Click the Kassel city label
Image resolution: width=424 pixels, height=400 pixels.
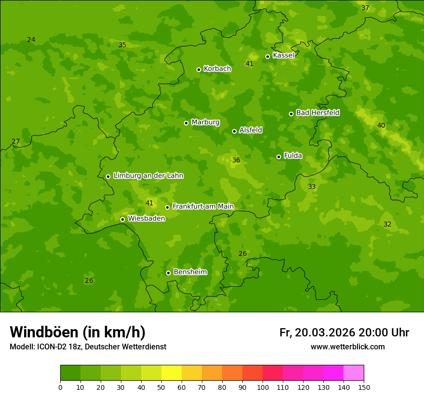[x=283, y=55]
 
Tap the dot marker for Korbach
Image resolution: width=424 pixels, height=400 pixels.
[x=199, y=69]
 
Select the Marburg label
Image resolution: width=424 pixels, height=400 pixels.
[x=205, y=122]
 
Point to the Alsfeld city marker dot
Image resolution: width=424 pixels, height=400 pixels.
[x=234, y=131]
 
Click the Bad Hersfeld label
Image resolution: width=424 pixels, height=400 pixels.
[x=318, y=113]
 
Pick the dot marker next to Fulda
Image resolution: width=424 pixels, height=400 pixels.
[x=278, y=157]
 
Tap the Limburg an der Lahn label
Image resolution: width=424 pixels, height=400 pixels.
[x=148, y=176]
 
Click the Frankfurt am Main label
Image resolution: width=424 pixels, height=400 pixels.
[x=203, y=206]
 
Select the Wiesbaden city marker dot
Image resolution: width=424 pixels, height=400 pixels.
[x=122, y=219]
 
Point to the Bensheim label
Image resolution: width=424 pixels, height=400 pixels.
[x=190, y=272]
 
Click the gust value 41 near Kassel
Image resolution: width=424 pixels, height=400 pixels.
[x=250, y=64]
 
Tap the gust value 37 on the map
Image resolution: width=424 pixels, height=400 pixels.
[x=365, y=8]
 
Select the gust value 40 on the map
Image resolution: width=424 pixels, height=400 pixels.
[x=381, y=125]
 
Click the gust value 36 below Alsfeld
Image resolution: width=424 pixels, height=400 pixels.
[x=236, y=160]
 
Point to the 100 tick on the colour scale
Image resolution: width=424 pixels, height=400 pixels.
[x=263, y=387]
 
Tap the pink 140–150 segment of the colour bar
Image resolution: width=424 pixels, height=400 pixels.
[x=354, y=373]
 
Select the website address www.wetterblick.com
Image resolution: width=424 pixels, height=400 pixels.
[x=347, y=347]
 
